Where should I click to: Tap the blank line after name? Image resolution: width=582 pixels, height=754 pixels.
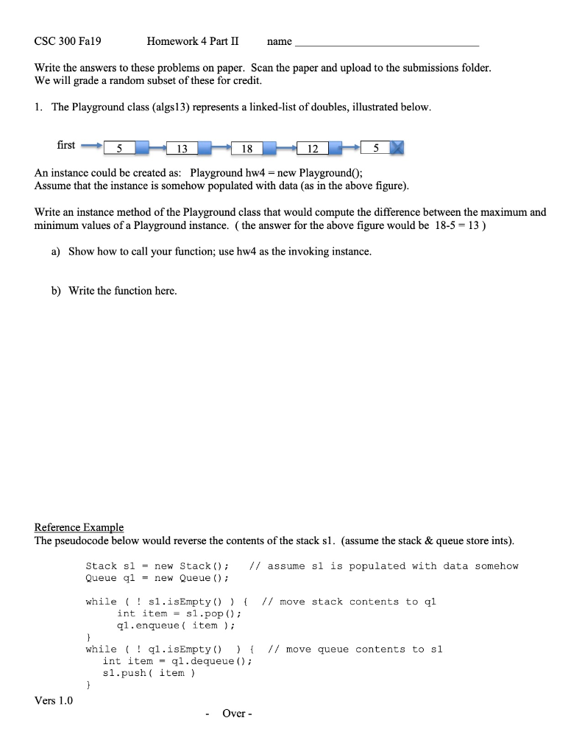pyautogui.click(x=386, y=43)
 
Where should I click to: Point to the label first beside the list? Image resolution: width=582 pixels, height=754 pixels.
pyautogui.click(x=66, y=145)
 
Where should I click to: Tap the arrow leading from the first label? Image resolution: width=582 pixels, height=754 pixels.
pyautogui.click(x=91, y=146)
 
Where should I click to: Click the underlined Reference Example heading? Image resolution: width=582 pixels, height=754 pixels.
pyautogui.click(x=79, y=527)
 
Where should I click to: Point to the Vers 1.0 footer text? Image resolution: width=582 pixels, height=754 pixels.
pyautogui.click(x=54, y=700)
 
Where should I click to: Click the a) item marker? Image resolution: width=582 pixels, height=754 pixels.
pyautogui.click(x=56, y=252)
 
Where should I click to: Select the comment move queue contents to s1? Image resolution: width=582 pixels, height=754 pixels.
pyautogui.click(x=355, y=649)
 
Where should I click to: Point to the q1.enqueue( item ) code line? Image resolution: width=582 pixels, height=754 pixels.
pyautogui.click(x=176, y=625)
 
